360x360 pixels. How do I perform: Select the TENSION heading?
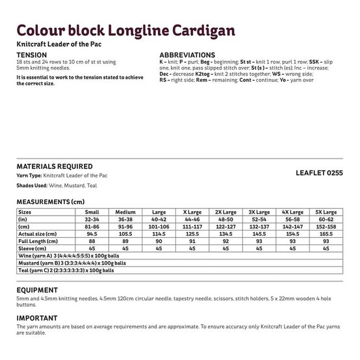point(31,55)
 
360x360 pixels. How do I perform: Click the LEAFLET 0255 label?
point(317,174)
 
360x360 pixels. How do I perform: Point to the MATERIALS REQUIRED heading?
point(54,166)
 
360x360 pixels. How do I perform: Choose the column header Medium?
point(125,212)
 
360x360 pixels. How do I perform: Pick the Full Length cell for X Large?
point(192,241)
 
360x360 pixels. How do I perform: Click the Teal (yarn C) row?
point(66,270)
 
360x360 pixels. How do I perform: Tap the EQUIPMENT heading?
point(37,290)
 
